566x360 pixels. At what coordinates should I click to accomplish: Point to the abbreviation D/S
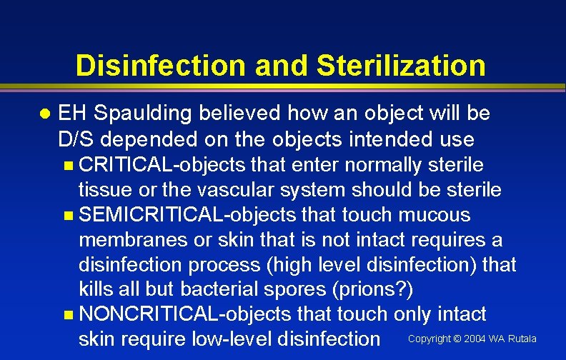pos(76,138)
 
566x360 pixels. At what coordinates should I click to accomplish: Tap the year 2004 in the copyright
pos(475,339)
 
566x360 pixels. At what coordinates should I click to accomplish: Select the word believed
pos(240,114)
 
